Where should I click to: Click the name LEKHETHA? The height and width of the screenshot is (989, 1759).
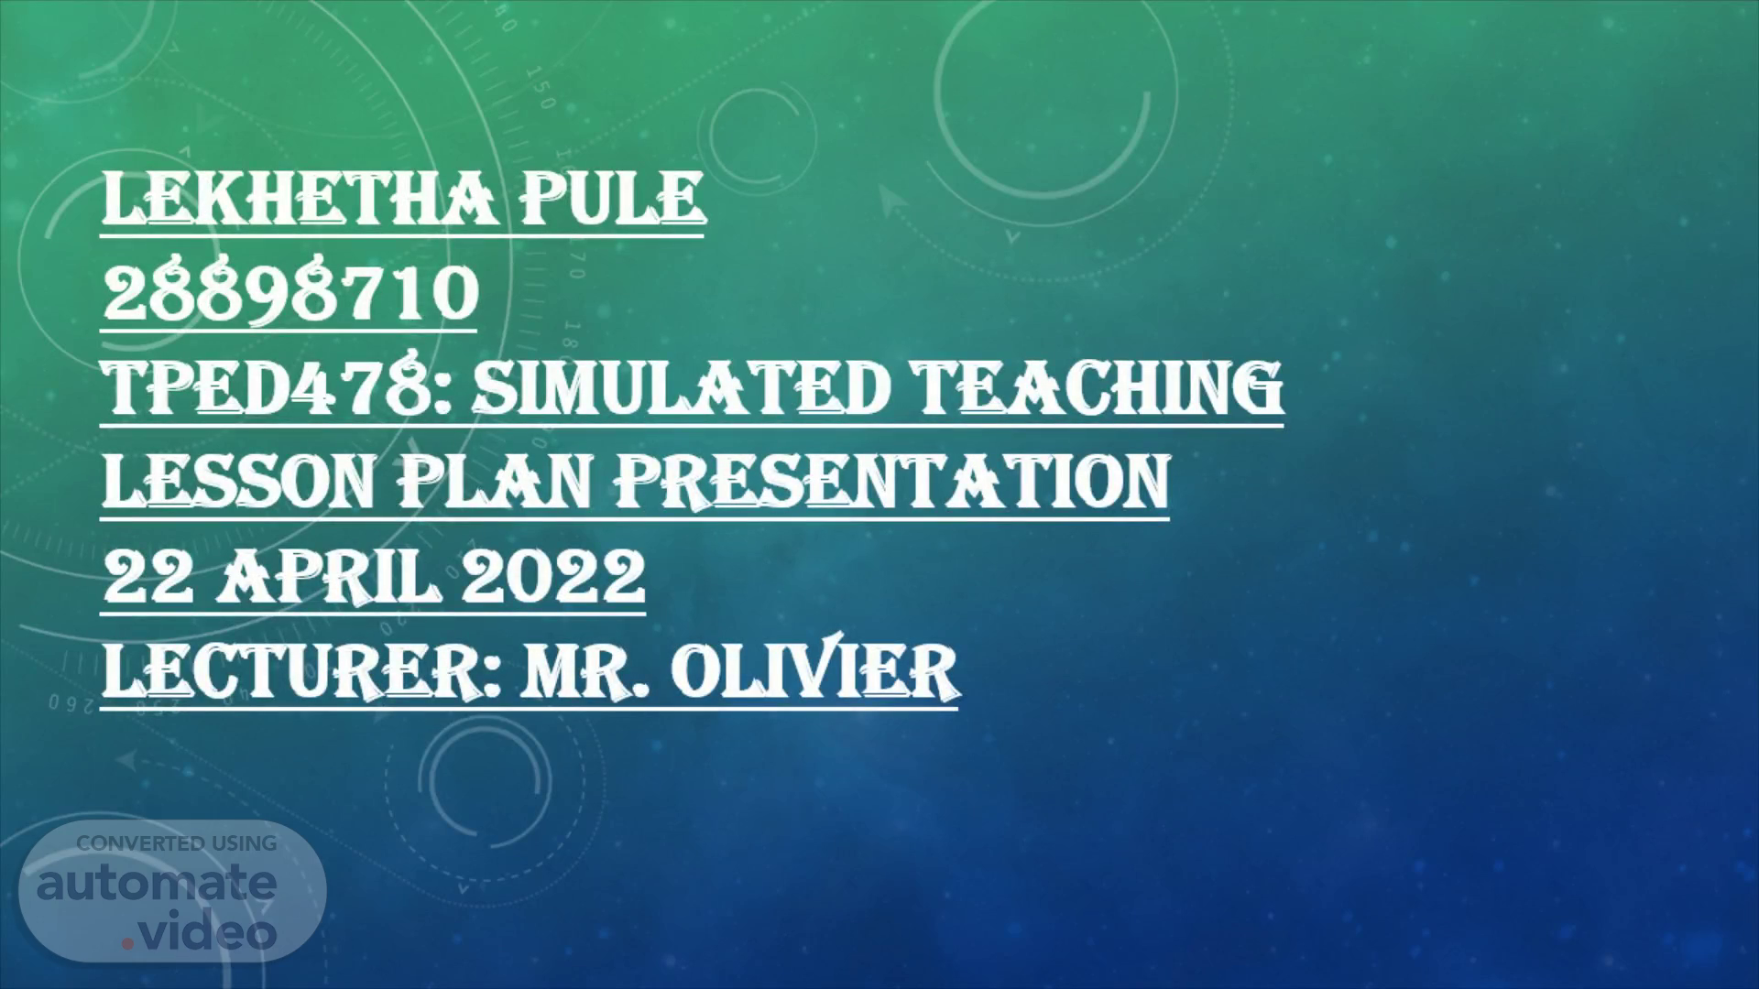[300, 198]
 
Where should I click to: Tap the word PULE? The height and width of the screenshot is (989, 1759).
[613, 198]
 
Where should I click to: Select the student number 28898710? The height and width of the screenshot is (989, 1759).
[290, 292]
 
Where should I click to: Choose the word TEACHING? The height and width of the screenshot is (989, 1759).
[1099, 386]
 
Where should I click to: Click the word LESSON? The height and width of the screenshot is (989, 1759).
[239, 481]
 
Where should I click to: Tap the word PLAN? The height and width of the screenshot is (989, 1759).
[496, 481]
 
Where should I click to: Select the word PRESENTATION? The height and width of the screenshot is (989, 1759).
[892, 481]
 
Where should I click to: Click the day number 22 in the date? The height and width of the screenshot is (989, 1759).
[148, 576]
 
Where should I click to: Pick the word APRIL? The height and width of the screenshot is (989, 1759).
[327, 576]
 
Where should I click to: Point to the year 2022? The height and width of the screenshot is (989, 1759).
[553, 576]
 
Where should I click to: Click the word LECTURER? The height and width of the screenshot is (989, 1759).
[302, 671]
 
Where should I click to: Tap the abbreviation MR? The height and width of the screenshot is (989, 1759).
[587, 671]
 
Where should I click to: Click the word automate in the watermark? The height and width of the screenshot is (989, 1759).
[157, 884]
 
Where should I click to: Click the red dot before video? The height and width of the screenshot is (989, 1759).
[128, 941]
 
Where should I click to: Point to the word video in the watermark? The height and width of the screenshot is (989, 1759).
[207, 931]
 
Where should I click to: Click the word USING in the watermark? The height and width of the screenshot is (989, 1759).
[244, 843]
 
